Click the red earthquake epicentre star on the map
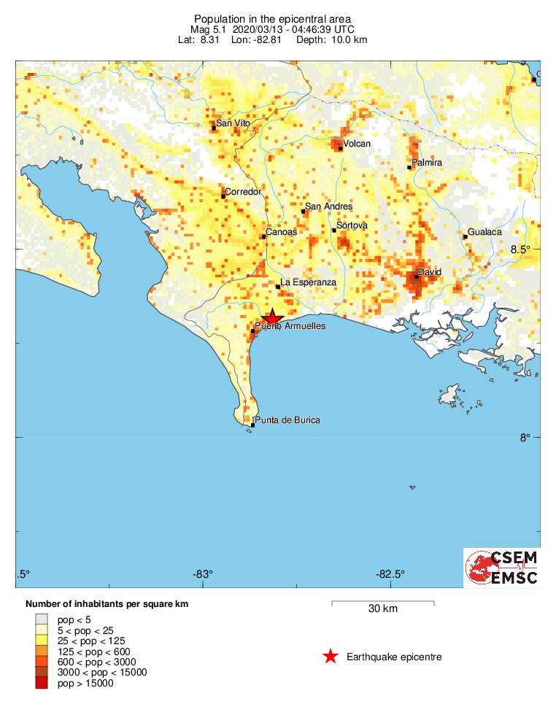(x=271, y=317)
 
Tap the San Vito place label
(x=233, y=123)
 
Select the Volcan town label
(x=357, y=144)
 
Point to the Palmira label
(x=427, y=163)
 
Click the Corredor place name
(x=243, y=192)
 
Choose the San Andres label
(x=328, y=206)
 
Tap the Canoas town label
(x=281, y=232)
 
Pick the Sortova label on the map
(x=352, y=226)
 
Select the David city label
(x=430, y=271)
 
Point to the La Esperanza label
(x=309, y=282)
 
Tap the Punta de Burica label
(x=287, y=420)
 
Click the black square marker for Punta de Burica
(x=252, y=425)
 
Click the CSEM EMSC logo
(x=503, y=568)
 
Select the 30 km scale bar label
(x=382, y=609)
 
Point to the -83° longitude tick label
(x=203, y=573)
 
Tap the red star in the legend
(x=331, y=657)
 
